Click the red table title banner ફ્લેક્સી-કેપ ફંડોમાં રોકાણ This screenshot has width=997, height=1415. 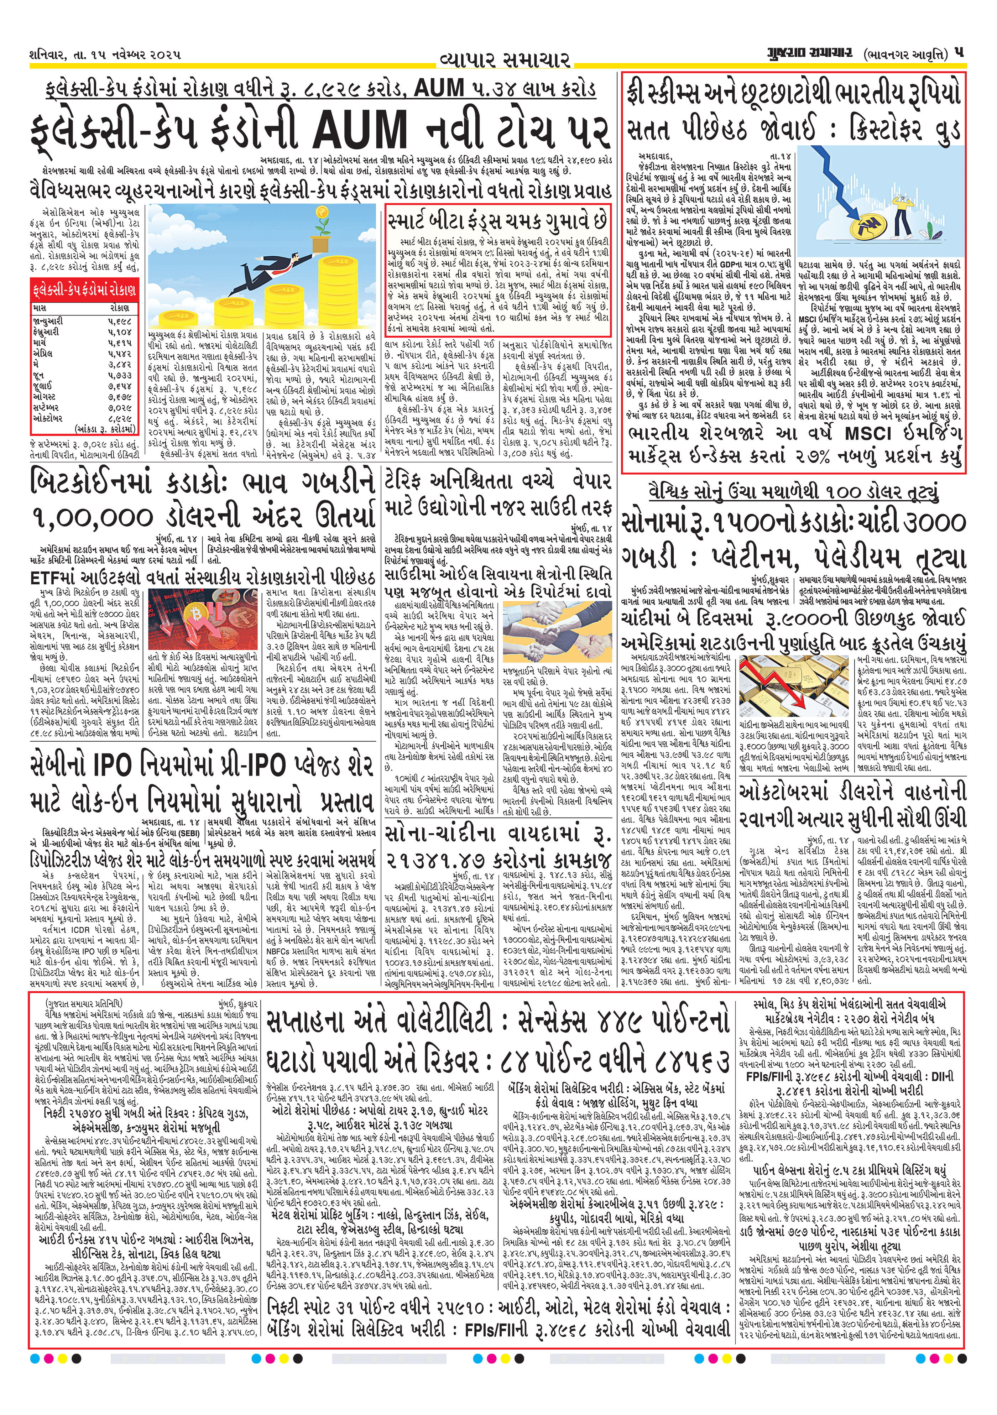[x=84, y=289]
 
